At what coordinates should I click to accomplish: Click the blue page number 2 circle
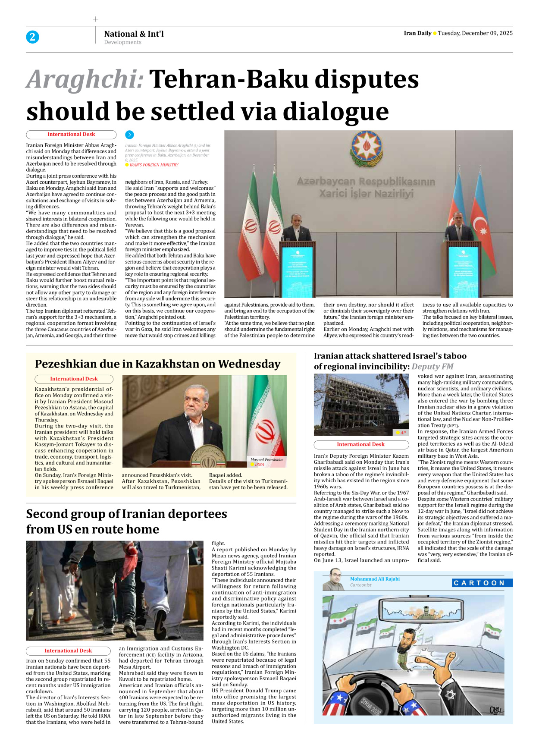tap(32, 37)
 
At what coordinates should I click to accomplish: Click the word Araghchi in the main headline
tap(85, 80)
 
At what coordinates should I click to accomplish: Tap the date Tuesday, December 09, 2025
tap(475, 33)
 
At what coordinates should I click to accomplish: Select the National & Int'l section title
tap(134, 34)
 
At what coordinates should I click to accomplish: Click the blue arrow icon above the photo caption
tap(129, 135)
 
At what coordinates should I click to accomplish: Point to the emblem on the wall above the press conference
tap(366, 147)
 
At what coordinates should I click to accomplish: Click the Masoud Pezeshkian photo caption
tap(267, 459)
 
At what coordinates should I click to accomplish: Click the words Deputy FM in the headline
tap(432, 367)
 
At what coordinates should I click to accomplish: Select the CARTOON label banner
tap(482, 583)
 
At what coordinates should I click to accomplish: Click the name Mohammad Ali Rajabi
tap(375, 579)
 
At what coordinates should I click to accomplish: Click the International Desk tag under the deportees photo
tap(68, 651)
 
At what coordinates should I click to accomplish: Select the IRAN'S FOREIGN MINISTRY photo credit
tap(154, 165)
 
